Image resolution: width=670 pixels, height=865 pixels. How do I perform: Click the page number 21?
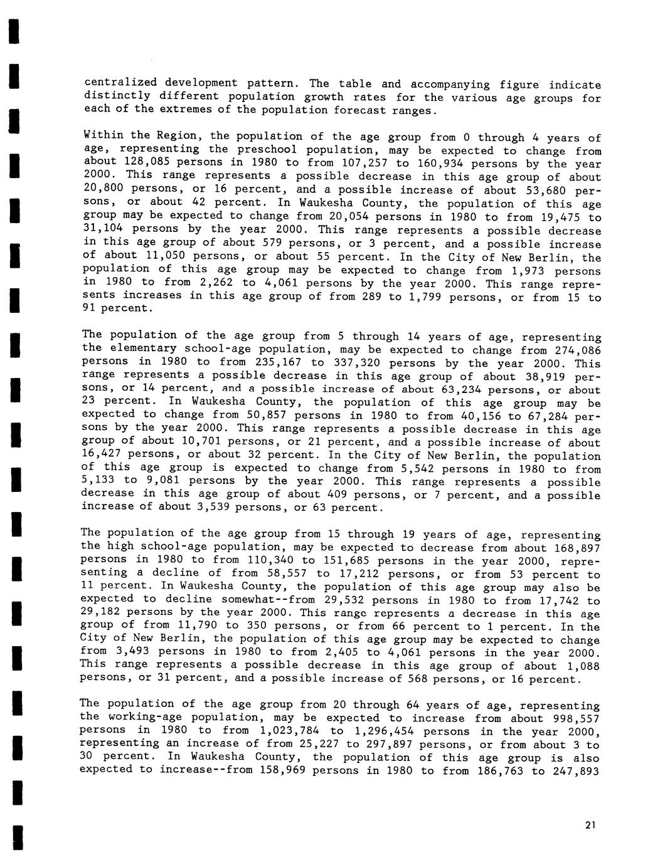[x=589, y=825]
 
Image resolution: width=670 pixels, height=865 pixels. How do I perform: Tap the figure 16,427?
[x=104, y=454]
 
